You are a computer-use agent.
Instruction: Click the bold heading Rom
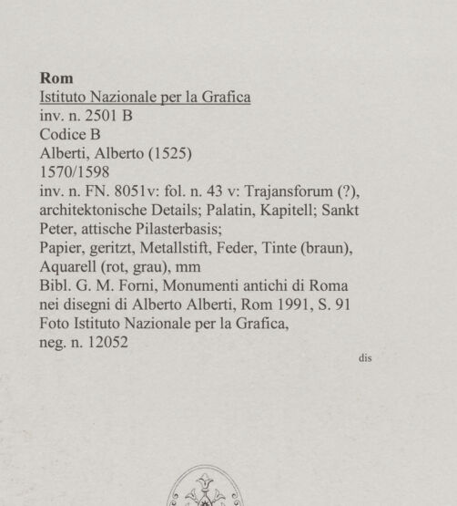[x=56, y=77]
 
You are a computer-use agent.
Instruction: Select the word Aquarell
[x=71, y=266]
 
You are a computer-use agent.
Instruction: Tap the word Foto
[x=56, y=323]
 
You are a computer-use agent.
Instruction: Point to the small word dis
[x=365, y=357]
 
